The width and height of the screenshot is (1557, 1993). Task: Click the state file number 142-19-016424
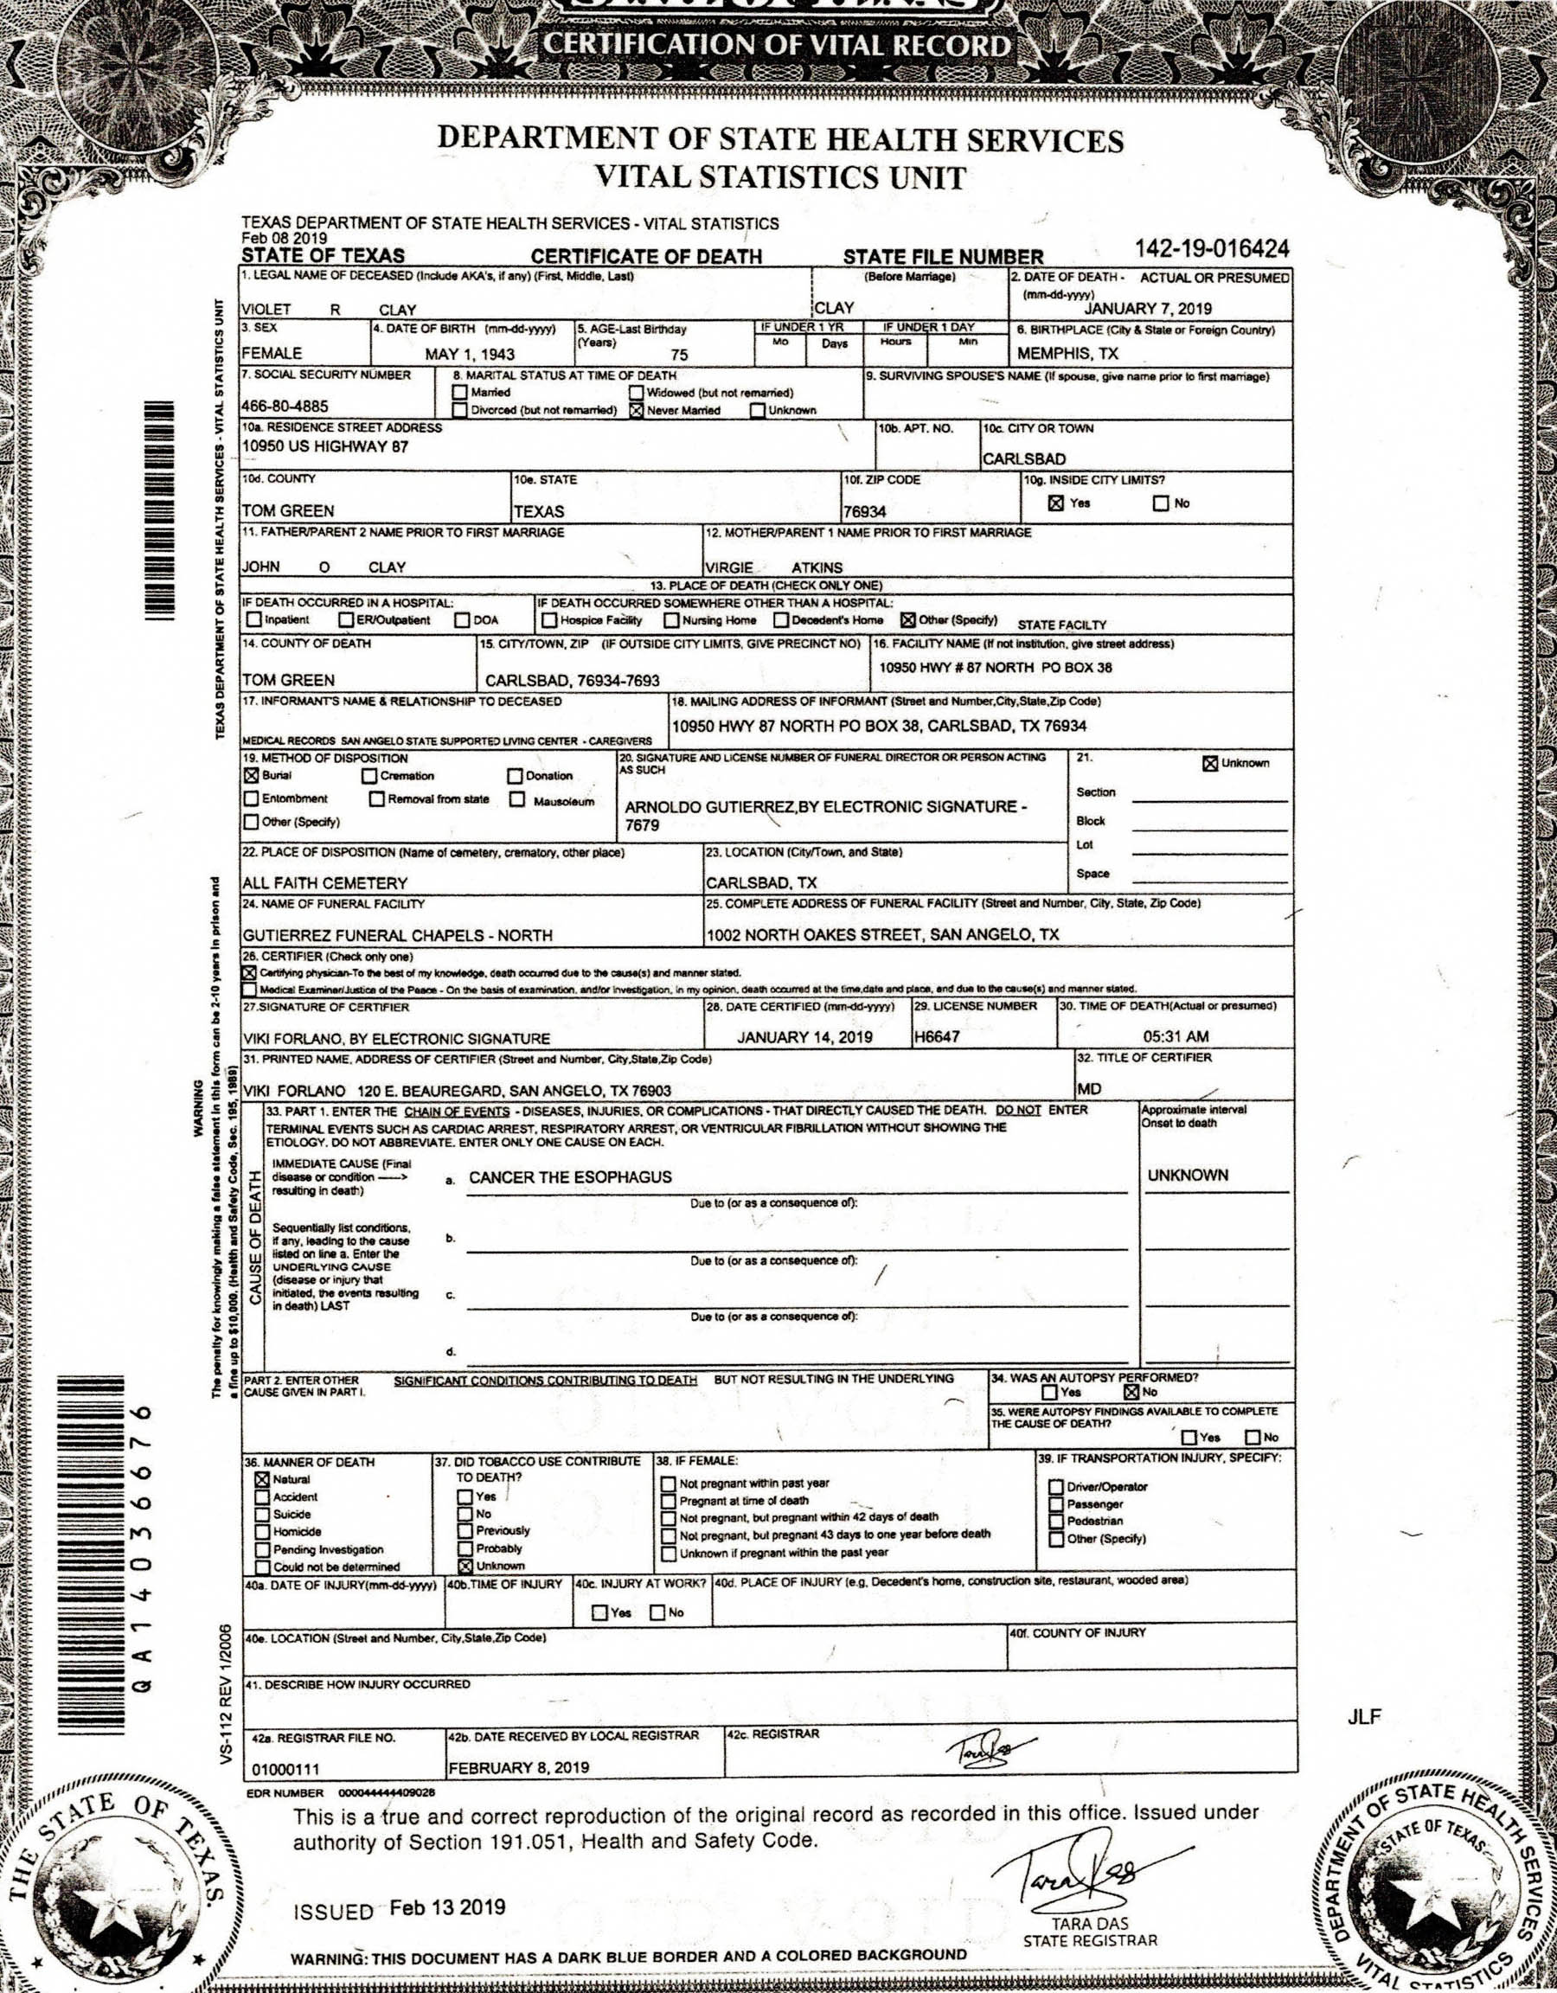pyautogui.click(x=1211, y=249)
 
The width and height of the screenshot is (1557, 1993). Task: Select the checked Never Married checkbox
pyautogui.click(x=636, y=411)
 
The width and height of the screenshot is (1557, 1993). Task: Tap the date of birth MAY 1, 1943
pyautogui.click(x=469, y=354)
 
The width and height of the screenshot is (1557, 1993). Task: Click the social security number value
pyautogui.click(x=285, y=406)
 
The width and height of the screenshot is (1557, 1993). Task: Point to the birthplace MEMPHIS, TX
pyautogui.click(x=1067, y=353)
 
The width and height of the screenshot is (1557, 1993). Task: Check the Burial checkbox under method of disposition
pyautogui.click(x=251, y=776)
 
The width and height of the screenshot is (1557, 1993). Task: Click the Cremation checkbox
pyautogui.click(x=369, y=776)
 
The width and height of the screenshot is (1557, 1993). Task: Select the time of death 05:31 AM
pyautogui.click(x=1176, y=1036)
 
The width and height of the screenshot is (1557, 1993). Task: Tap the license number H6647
pyautogui.click(x=937, y=1036)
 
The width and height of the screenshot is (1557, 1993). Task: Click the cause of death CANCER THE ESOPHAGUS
pyautogui.click(x=570, y=1177)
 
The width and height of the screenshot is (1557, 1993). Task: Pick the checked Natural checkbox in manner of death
pyautogui.click(x=262, y=1479)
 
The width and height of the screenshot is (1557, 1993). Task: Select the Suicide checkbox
pyautogui.click(x=262, y=1514)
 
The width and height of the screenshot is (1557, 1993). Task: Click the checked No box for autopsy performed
pyautogui.click(x=1131, y=1392)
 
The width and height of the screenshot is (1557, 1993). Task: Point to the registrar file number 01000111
pyautogui.click(x=285, y=1770)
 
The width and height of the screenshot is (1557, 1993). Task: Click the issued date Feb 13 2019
pyautogui.click(x=447, y=1907)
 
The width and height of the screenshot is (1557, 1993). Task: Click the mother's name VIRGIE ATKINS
pyautogui.click(x=773, y=567)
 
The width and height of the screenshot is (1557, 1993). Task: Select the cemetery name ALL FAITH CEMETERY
pyautogui.click(x=325, y=882)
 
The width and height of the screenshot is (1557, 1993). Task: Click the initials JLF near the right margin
pyautogui.click(x=1363, y=1717)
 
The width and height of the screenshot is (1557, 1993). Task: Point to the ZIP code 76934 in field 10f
pyautogui.click(x=864, y=512)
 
